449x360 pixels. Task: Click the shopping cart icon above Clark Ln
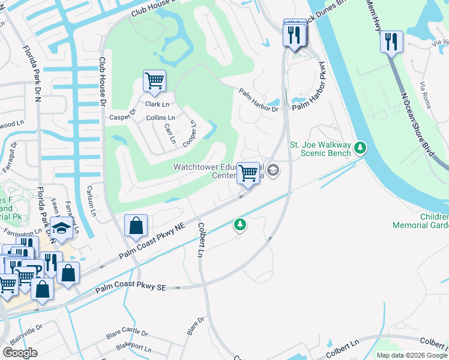tap(154, 80)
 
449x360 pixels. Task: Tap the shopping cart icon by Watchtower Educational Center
tap(248, 173)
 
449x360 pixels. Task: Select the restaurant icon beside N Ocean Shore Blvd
tap(391, 41)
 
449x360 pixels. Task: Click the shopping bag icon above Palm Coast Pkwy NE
tap(136, 226)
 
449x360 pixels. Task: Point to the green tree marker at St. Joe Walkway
tap(360, 146)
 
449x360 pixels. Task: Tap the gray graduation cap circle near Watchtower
tap(273, 171)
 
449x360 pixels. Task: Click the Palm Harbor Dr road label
tap(259, 101)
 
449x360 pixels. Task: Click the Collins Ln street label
tap(161, 118)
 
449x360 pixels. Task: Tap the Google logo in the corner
tap(20, 353)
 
